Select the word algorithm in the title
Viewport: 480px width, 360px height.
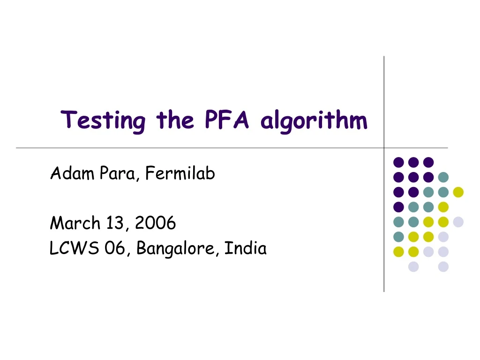pyautogui.click(x=314, y=121)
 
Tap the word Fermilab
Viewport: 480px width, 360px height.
pyautogui.click(x=180, y=174)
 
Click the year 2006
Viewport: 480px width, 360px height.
pyautogui.click(x=155, y=223)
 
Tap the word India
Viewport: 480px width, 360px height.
pyautogui.click(x=245, y=248)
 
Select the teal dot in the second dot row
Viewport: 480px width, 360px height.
pyautogui.click(x=443, y=177)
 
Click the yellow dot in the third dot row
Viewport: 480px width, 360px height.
pyautogui.click(x=458, y=192)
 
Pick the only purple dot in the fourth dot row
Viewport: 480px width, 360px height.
pyautogui.click(x=398, y=207)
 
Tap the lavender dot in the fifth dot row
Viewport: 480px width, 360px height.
pyautogui.click(x=458, y=222)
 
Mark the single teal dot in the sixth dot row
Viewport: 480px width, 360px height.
pyautogui.click(x=398, y=237)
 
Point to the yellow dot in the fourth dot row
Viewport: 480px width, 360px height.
pyautogui.click(x=443, y=207)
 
